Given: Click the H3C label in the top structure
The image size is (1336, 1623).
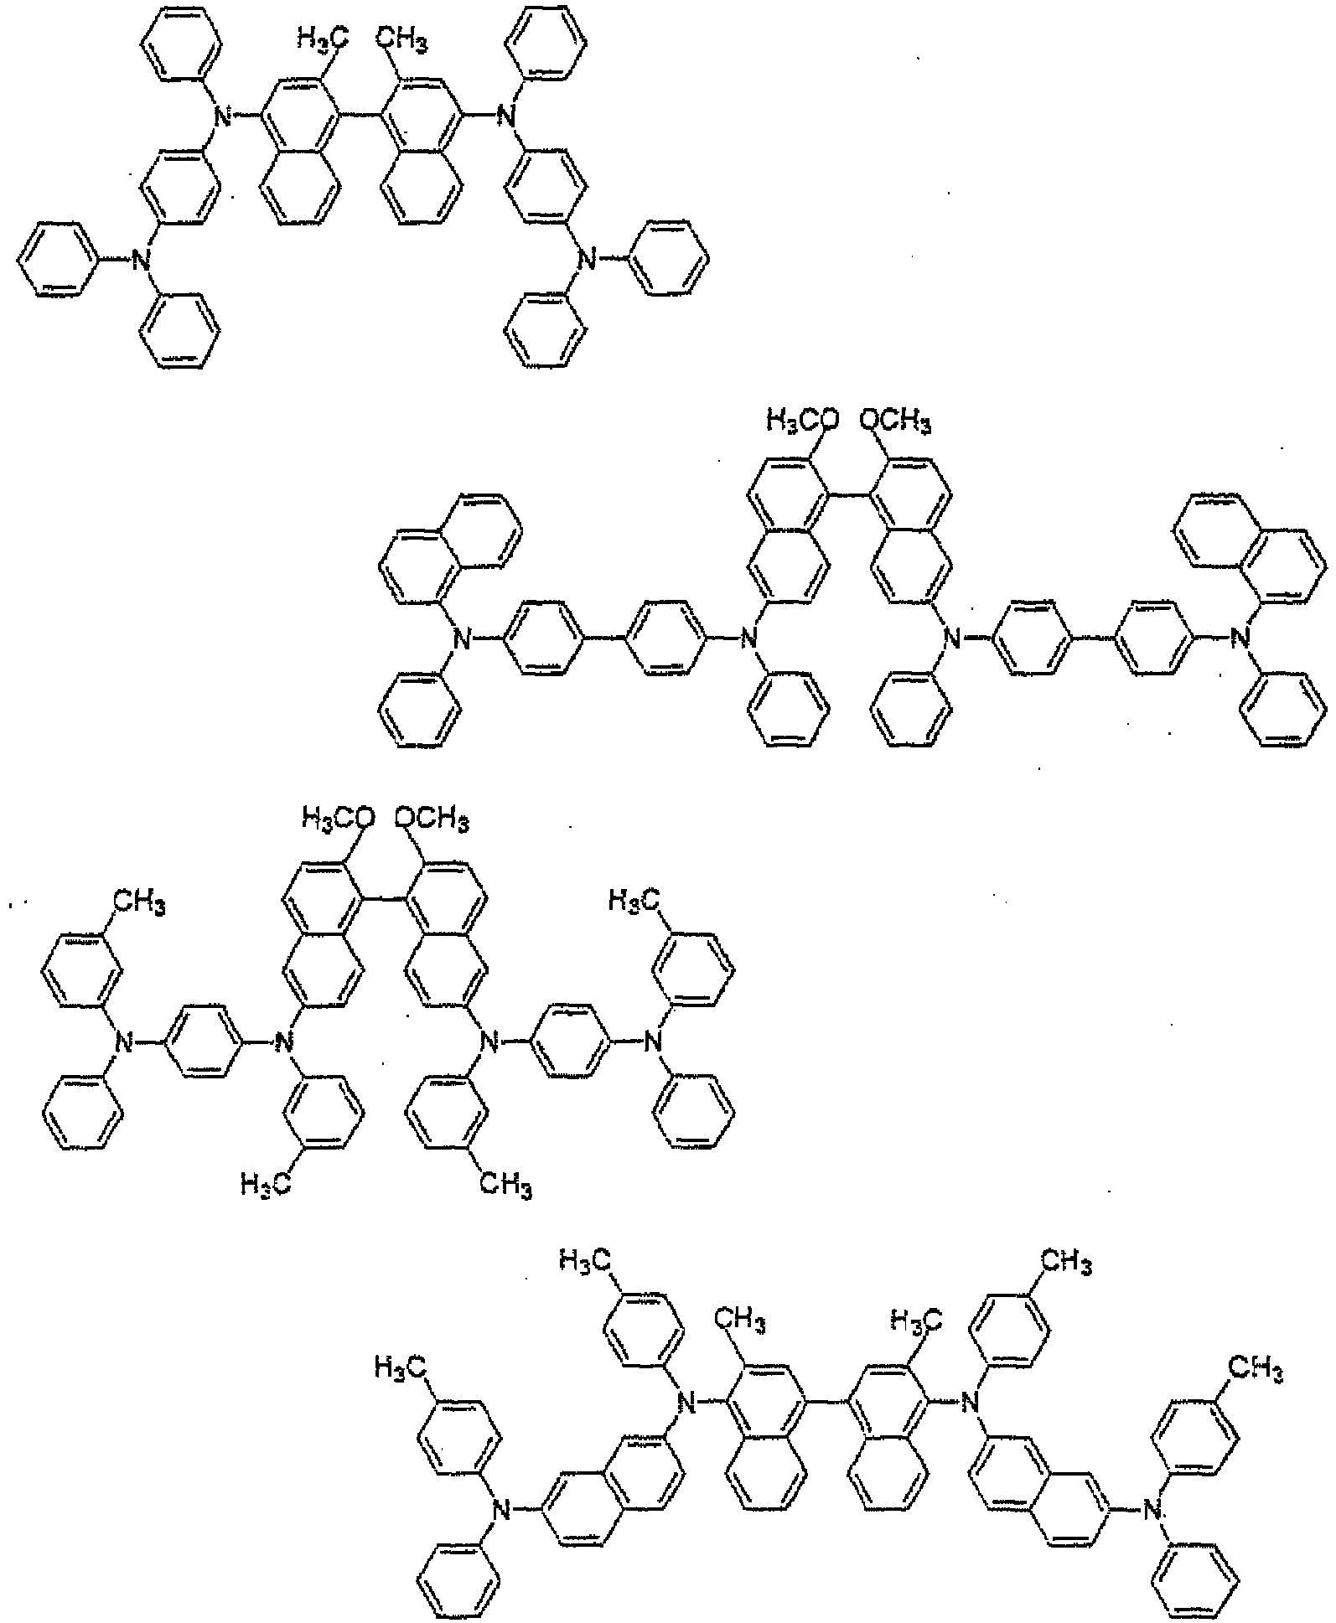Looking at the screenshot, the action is click(x=324, y=38).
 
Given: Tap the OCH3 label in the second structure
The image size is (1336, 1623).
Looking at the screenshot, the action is click(x=893, y=421).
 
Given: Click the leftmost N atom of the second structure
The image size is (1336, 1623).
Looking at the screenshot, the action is click(x=458, y=641).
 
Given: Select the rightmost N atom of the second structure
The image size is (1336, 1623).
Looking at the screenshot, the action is click(x=1242, y=641).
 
